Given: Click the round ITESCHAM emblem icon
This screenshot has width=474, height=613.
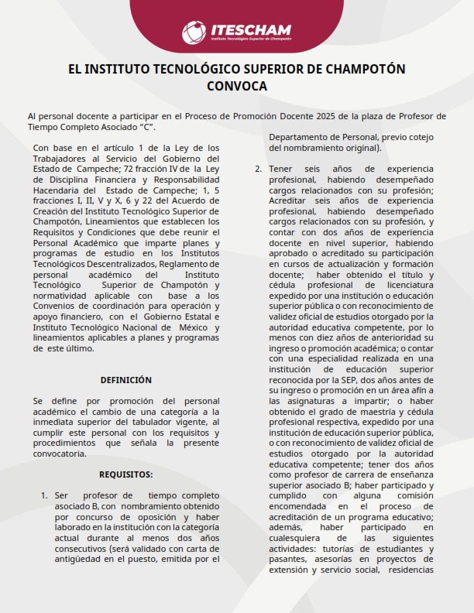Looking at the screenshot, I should click(x=194, y=33).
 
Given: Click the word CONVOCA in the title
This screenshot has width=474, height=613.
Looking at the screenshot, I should click(x=237, y=86).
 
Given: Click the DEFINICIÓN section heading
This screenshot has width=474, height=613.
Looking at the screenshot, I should click(x=126, y=380).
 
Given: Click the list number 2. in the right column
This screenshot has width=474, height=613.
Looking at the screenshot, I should click(x=258, y=169).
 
